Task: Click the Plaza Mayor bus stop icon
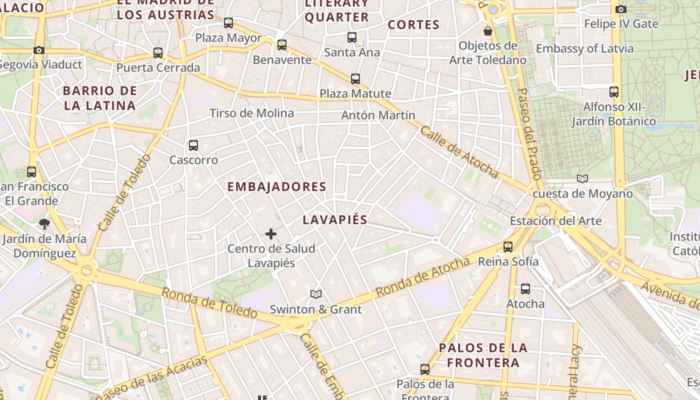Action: (228, 23)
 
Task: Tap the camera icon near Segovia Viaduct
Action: (39, 50)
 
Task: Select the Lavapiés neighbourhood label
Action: (335, 219)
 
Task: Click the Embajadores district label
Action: (276, 187)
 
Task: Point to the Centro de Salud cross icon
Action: (271, 233)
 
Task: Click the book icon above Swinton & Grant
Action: (315, 294)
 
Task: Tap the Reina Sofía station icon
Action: (508, 246)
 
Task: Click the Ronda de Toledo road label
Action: (209, 303)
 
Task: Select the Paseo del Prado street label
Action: (529, 134)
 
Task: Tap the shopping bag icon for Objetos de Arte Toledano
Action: (488, 31)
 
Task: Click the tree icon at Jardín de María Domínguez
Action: (44, 223)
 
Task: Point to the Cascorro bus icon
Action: (193, 145)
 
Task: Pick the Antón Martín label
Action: (378, 115)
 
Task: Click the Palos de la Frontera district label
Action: (483, 355)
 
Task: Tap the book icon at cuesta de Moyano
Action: (582, 178)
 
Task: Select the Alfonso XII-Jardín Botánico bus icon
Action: (614, 92)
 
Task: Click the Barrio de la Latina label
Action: (100, 98)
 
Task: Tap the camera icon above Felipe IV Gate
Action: (621, 9)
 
